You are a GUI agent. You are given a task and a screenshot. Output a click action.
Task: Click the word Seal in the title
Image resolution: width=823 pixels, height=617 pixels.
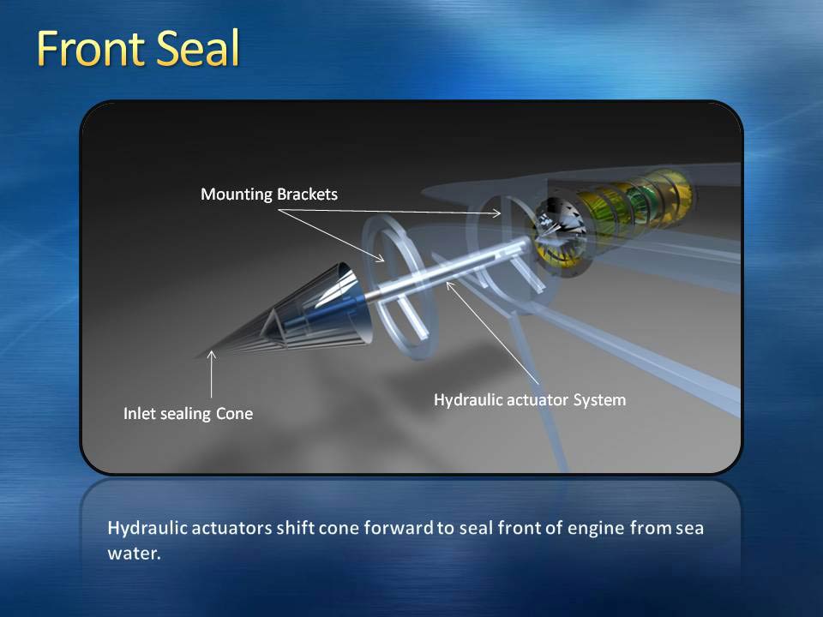pyautogui.click(x=198, y=48)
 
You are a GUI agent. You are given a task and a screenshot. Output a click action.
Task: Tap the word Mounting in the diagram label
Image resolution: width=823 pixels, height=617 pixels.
pyautogui.click(x=237, y=195)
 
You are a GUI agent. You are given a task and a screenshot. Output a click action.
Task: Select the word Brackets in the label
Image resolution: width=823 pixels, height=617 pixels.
pyautogui.click(x=307, y=195)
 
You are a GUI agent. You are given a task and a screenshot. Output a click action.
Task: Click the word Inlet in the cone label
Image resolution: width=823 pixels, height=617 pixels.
pyautogui.click(x=140, y=413)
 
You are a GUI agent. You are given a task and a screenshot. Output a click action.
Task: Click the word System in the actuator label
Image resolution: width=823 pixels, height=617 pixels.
pyautogui.click(x=599, y=400)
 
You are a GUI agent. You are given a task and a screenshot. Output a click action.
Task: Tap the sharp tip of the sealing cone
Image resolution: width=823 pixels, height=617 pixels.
pyautogui.click(x=197, y=357)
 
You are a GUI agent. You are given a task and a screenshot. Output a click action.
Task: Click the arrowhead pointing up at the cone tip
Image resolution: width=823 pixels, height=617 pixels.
pyautogui.click(x=212, y=355)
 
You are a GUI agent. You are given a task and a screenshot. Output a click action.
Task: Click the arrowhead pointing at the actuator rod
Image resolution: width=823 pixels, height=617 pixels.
pyautogui.click(x=448, y=285)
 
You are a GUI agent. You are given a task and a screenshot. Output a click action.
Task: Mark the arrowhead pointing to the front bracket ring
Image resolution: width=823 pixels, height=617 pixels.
pyautogui.click(x=380, y=257)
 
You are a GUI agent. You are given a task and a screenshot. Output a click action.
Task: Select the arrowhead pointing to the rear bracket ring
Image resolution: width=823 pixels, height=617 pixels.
pyautogui.click(x=496, y=213)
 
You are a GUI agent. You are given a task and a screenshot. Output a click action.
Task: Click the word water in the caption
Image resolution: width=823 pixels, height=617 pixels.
pyautogui.click(x=134, y=554)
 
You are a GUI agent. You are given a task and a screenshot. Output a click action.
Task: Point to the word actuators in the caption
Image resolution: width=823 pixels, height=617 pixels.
pyautogui.click(x=231, y=529)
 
